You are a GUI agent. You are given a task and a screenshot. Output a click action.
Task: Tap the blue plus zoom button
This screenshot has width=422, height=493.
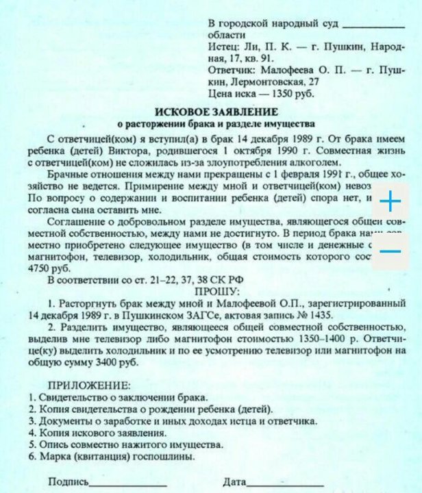389,202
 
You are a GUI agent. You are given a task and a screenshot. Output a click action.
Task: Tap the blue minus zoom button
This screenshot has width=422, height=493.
389,251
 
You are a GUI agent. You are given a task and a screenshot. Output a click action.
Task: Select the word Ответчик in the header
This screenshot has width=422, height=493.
231,70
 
